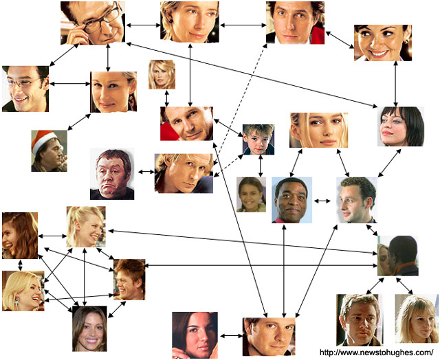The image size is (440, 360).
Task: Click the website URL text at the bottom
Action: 377,352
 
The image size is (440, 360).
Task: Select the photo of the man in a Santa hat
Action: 49,151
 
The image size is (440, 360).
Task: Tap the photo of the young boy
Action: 258,139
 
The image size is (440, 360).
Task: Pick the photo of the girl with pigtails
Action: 251,194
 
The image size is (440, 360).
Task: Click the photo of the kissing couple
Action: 397,256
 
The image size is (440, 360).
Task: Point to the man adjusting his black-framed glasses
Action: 93,23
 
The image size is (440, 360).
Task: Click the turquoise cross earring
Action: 16,302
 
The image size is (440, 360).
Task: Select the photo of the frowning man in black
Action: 112,174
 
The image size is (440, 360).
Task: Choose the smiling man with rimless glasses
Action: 25,89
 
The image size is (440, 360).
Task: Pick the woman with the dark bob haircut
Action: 401,126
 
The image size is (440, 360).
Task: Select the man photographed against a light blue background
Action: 291,200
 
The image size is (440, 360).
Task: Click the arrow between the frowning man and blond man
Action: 146,172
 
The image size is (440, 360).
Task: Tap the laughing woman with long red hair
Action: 20,236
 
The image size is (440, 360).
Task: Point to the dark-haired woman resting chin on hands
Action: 195,335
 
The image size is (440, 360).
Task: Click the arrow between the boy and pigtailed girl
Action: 261,166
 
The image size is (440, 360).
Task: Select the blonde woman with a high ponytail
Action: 86,227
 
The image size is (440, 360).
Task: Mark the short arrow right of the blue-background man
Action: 322,201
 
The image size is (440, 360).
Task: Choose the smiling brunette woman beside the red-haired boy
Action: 89,328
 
